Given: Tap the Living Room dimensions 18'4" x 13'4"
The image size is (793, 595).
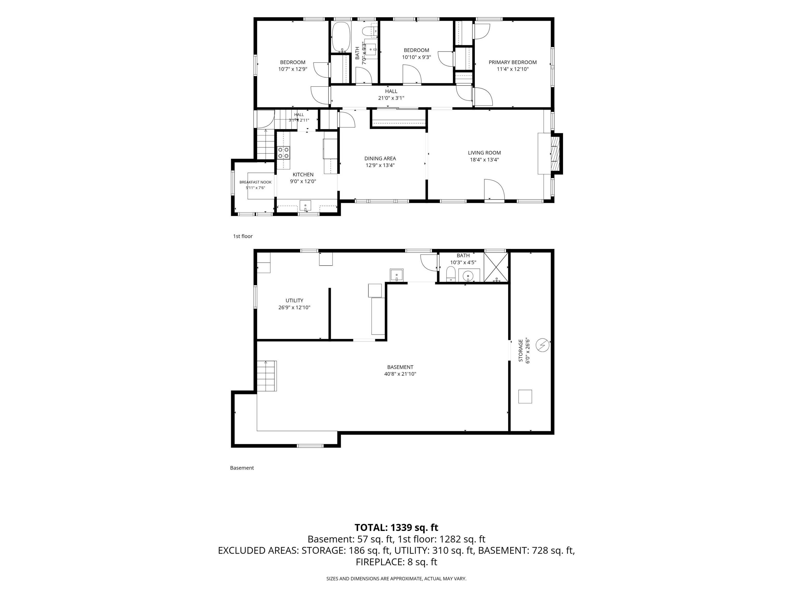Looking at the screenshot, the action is (484, 160).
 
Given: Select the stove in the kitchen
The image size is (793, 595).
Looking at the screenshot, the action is (284, 153).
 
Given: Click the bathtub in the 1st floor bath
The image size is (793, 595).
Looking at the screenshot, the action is (340, 37).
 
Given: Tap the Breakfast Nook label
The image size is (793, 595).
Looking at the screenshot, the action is (256, 182).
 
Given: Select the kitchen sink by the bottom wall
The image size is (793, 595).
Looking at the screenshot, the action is (305, 206).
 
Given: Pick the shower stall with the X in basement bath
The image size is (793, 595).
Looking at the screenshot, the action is (496, 268).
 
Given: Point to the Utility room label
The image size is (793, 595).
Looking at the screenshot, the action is (294, 301).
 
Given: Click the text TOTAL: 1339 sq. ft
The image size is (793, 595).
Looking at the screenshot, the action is (396, 528).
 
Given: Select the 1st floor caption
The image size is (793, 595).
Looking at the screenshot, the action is (243, 236).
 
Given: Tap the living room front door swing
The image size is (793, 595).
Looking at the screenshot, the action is (494, 189).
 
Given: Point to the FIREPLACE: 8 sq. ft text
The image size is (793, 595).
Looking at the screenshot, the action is (396, 562).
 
